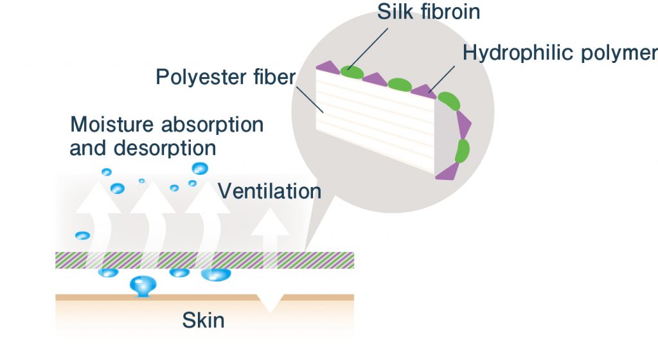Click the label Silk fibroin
click(429, 12)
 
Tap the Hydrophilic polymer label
click(560, 53)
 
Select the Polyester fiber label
click(226, 77)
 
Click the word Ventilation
click(269, 191)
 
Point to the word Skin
click(203, 320)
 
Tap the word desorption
click(164, 148)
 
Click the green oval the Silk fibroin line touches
click(351, 72)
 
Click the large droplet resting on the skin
click(143, 286)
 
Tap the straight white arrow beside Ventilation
click(271, 239)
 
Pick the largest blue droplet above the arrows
click(200, 168)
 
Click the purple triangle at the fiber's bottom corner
click(447, 172)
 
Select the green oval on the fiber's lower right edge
click(462, 151)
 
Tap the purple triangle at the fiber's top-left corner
click(328, 67)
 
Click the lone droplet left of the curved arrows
click(82, 235)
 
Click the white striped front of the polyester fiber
click(375, 120)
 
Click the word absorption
click(212, 125)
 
